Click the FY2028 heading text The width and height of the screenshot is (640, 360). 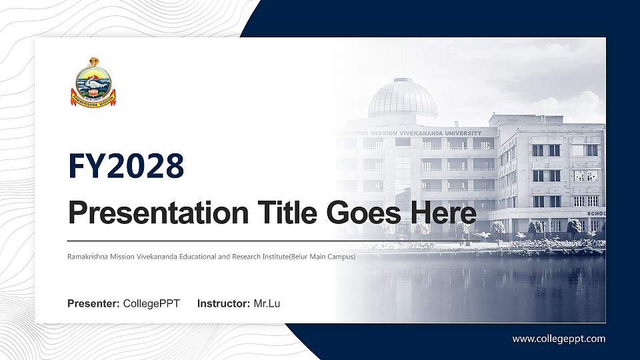coord(126,165)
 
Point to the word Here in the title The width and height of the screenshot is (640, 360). coord(445,213)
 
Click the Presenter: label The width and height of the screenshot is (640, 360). coord(93,304)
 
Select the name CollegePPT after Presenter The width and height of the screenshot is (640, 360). coord(151,304)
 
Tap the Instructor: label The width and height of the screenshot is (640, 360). coord(224,304)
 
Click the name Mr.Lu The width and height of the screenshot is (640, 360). coord(267,304)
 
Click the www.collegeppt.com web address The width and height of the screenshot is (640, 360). coord(559,339)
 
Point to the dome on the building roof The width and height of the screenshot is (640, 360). coord(403,98)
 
